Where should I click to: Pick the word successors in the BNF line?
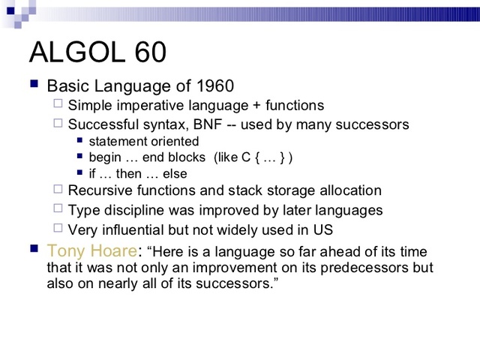click(376, 124)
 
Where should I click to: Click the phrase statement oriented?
click(143, 141)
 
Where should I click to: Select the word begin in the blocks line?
click(105, 157)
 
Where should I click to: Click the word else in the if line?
click(175, 174)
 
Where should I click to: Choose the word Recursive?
click(98, 191)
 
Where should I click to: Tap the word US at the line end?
click(323, 230)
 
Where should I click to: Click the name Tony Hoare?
click(82, 250)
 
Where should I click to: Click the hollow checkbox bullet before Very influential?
click(58, 229)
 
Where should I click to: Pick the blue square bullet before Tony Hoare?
click(34, 248)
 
